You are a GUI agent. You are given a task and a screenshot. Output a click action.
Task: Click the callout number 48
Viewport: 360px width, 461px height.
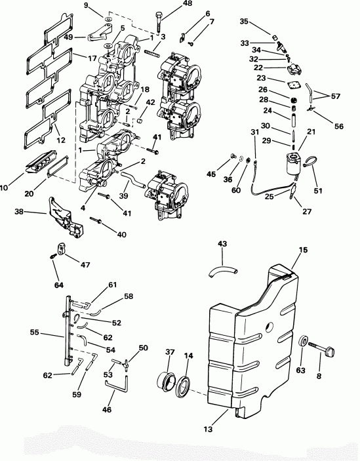(169, 3)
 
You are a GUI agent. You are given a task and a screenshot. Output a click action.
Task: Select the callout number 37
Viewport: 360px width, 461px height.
(170, 353)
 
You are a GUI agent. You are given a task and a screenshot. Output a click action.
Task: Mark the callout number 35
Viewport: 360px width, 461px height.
(244, 22)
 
